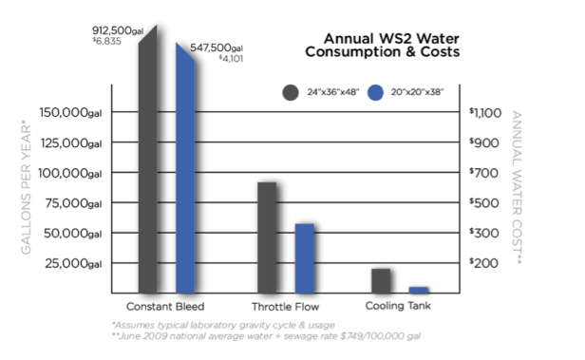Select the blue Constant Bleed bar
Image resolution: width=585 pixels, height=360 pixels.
186,171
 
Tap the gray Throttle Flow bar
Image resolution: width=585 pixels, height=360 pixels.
267,237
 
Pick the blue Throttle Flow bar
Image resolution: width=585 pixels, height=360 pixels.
304,257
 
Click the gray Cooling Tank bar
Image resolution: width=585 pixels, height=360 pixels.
381,281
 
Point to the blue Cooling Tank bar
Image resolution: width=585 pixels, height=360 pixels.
418,290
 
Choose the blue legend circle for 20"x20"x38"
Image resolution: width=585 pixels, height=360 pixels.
375,93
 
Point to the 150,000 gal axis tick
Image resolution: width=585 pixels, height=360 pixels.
69,113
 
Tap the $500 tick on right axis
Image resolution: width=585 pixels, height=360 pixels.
484,203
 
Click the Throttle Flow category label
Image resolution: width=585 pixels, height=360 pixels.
286,308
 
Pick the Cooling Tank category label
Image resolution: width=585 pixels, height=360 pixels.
400,306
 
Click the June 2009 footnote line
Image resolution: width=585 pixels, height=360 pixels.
267,336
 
